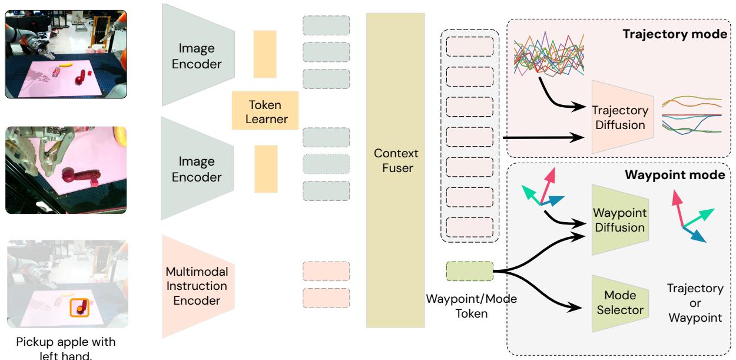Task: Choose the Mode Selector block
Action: click(622, 302)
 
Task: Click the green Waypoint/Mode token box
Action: click(469, 272)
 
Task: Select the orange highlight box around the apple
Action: click(79, 306)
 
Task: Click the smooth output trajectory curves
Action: click(691, 115)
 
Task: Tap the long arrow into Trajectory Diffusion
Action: click(542, 138)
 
